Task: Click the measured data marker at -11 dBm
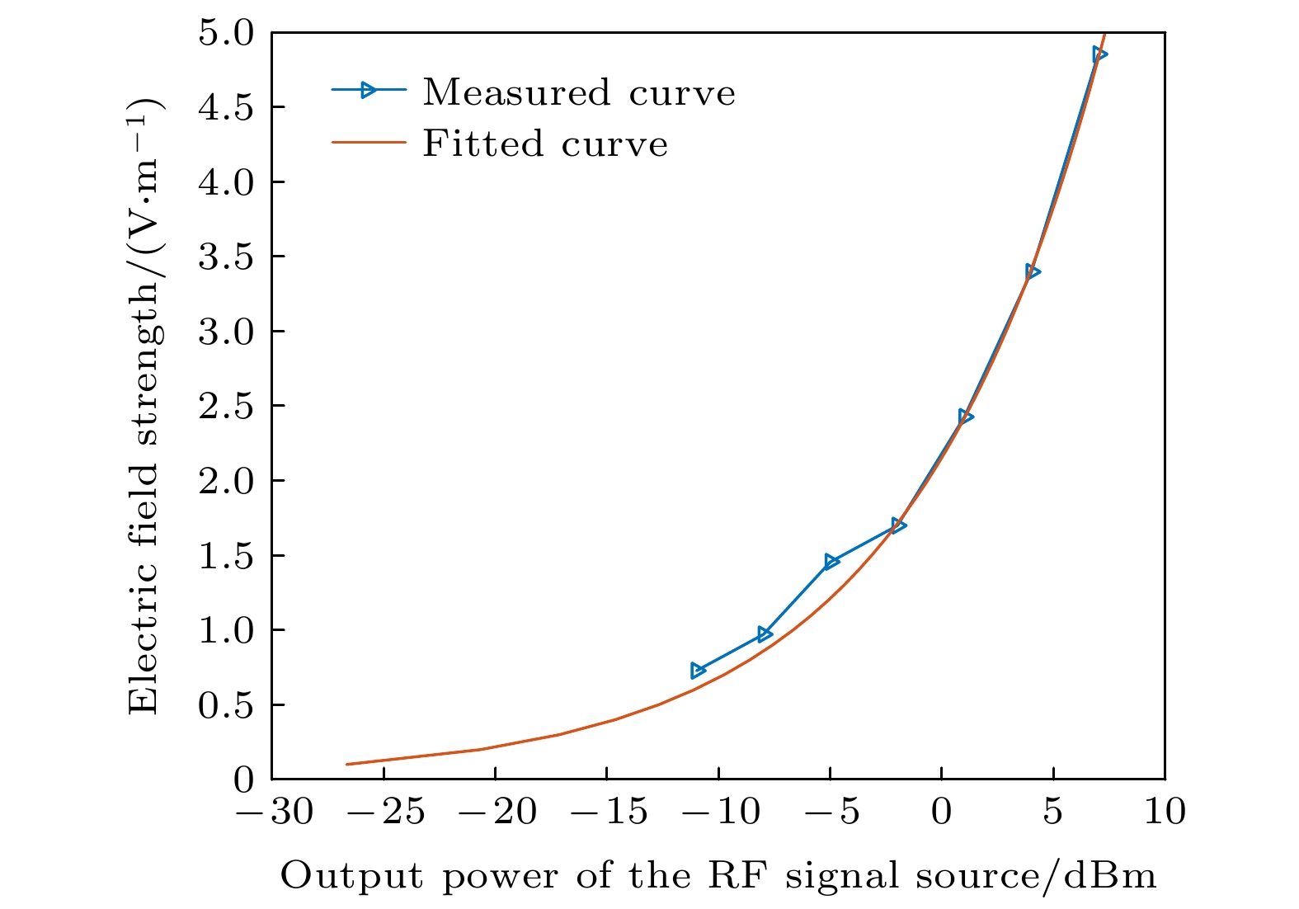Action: (698, 670)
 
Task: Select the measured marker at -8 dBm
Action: (765, 634)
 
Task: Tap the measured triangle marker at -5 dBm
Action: (831, 562)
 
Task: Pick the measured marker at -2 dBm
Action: (898, 525)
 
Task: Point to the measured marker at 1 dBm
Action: (965, 417)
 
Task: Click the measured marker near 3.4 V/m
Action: (1032, 271)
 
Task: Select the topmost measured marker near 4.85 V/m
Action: (1099, 54)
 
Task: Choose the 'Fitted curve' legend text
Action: (545, 144)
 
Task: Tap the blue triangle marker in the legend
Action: (369, 90)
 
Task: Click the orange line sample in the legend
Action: (369, 143)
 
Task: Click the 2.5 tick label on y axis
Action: (228, 406)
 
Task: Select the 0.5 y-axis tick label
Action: (228, 705)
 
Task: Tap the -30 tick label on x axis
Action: (274, 812)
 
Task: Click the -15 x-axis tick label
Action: (609, 812)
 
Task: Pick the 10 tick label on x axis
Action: (1164, 812)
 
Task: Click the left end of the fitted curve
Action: (347, 764)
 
